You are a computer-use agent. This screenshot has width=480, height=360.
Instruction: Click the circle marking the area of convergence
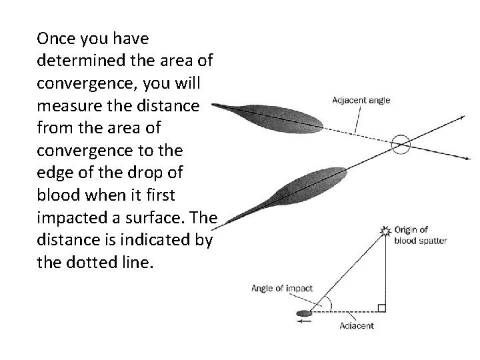pos(401,144)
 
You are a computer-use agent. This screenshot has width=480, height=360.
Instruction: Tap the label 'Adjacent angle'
pos(361,101)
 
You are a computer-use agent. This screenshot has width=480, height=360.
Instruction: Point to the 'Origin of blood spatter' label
pos(420,235)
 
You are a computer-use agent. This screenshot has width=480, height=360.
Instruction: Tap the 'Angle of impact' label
pos(282,289)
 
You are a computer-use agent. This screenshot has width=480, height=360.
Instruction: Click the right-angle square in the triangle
pos(381,307)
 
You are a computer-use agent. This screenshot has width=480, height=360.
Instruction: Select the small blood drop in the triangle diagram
pos(304,312)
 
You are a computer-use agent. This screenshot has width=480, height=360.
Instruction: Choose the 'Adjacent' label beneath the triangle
pos(357,326)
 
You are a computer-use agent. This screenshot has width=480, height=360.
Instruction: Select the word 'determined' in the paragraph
pos(76,61)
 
